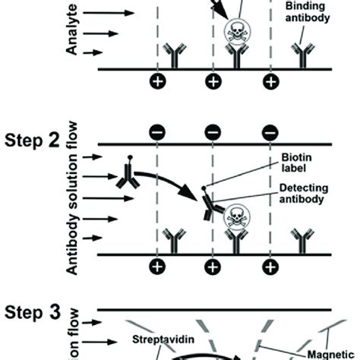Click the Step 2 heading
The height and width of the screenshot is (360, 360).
(x=33, y=142)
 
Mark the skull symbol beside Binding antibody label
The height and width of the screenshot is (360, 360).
(x=235, y=31)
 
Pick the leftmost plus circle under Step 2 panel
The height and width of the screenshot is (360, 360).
(x=157, y=267)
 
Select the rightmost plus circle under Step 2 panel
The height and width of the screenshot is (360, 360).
(x=270, y=267)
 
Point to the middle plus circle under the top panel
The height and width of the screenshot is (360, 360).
(x=213, y=81)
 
